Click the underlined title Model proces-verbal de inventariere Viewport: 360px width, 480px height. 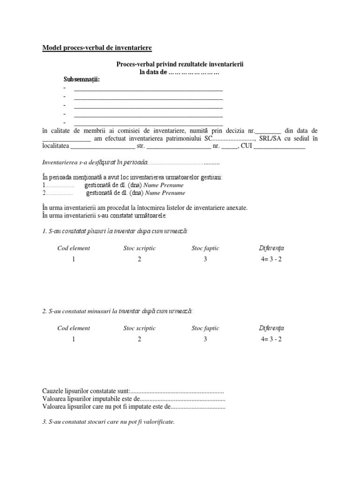[x=97, y=48]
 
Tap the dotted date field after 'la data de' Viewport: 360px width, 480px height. [x=194, y=72]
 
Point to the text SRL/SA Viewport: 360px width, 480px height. [x=272, y=138]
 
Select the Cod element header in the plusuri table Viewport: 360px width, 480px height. [x=74, y=248]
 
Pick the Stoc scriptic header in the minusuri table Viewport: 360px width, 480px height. [x=139, y=328]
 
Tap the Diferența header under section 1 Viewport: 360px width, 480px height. [x=271, y=248]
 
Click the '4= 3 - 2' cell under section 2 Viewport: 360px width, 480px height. [x=271, y=339]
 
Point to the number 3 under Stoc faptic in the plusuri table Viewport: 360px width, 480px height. [x=205, y=259]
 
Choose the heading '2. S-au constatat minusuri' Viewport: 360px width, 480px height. [x=117, y=311]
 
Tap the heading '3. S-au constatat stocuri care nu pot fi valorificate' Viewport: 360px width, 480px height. [x=108, y=422]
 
